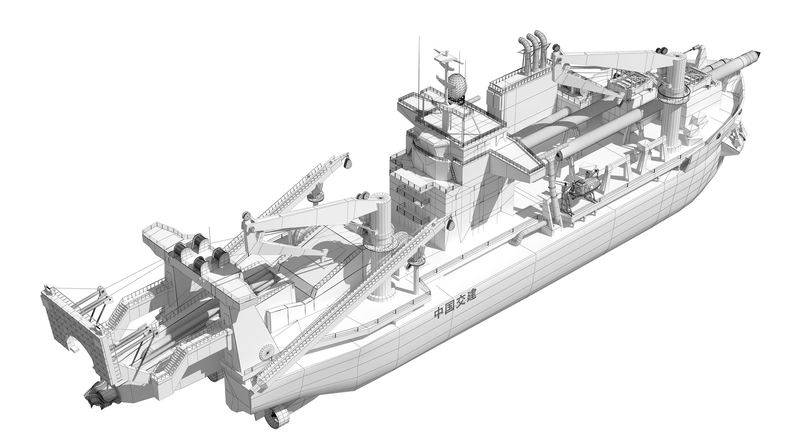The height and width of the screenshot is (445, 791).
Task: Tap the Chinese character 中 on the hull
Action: click(x=439, y=314)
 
